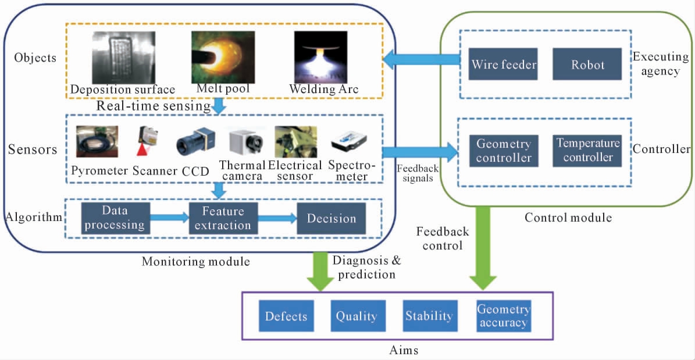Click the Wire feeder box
point(504,64)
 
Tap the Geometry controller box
point(504,151)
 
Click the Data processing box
point(115,218)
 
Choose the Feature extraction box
point(223,218)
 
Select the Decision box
point(331,218)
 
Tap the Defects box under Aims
point(286,316)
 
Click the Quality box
point(357,316)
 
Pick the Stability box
point(429,316)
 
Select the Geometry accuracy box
point(503,316)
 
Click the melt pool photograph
point(223,57)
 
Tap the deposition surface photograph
point(124,57)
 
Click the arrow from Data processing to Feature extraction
point(169,218)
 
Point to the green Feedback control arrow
point(483,248)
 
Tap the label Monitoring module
point(195,261)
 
